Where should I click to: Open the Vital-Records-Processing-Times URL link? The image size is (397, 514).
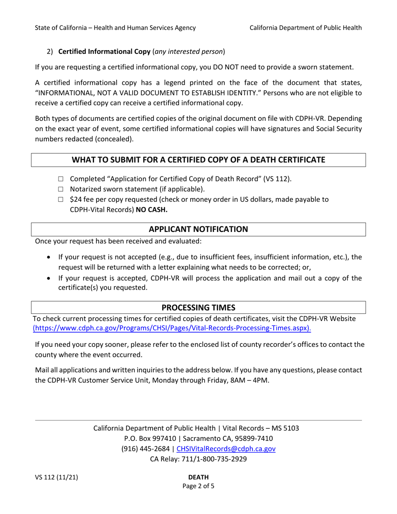(x=172, y=328)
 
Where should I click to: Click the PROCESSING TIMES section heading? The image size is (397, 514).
(x=198, y=308)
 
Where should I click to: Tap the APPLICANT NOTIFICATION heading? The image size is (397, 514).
(x=198, y=229)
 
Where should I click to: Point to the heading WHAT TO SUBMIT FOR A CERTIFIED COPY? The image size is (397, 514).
(x=198, y=160)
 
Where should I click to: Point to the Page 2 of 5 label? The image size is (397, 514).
(x=198, y=486)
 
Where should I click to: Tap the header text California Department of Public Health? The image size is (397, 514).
(x=305, y=28)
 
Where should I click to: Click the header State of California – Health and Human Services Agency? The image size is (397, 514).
(x=115, y=28)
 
